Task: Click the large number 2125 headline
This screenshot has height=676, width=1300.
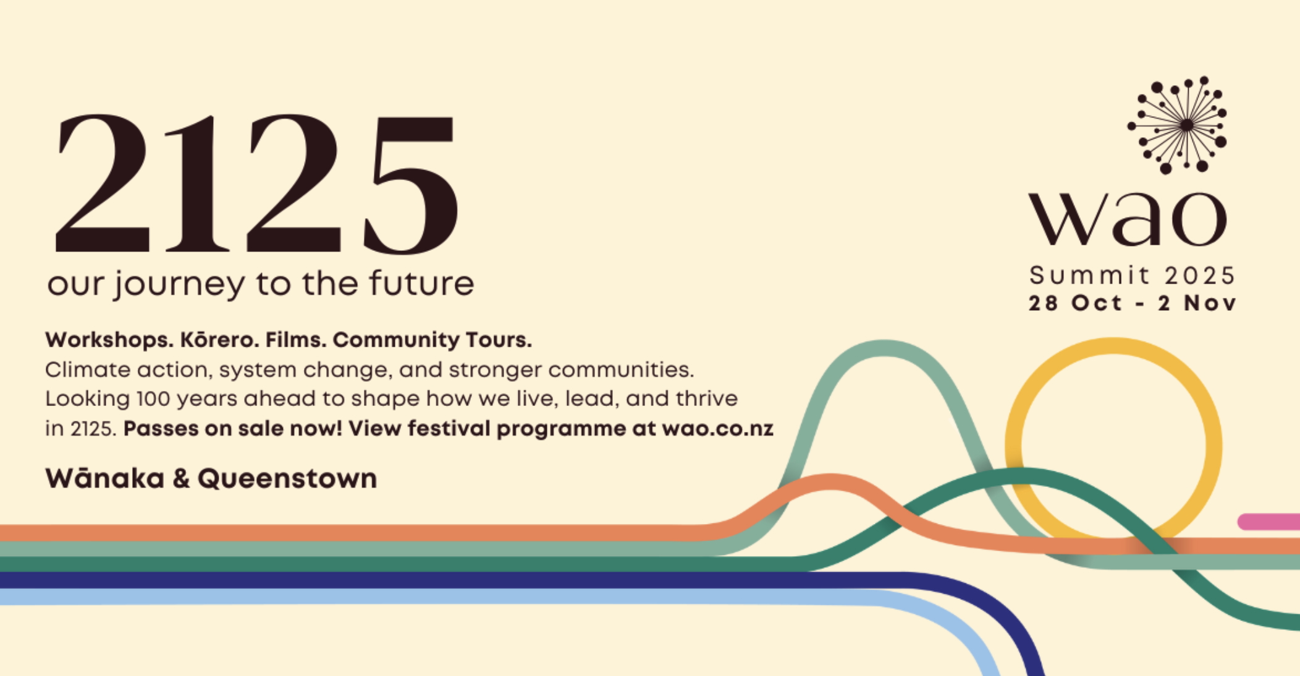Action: pyautogui.click(x=256, y=184)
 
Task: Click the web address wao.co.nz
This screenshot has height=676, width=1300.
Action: pyautogui.click(x=717, y=429)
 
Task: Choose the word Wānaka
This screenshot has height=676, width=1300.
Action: pyautogui.click(x=105, y=478)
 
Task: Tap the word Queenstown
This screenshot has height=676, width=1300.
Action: pyautogui.click(x=287, y=480)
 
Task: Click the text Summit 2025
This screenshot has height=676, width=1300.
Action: pyautogui.click(x=1132, y=276)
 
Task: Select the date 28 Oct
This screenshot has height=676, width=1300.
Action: pyautogui.click(x=1075, y=303)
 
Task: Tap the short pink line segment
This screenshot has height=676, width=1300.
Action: pyautogui.click(x=1269, y=522)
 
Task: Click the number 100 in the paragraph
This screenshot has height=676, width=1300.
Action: pyautogui.click(x=153, y=399)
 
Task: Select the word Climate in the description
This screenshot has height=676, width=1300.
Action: pyautogui.click(x=87, y=370)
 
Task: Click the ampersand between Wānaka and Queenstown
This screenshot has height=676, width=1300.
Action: pyautogui.click(x=181, y=479)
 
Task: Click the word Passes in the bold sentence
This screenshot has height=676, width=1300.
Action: pyautogui.click(x=161, y=429)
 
